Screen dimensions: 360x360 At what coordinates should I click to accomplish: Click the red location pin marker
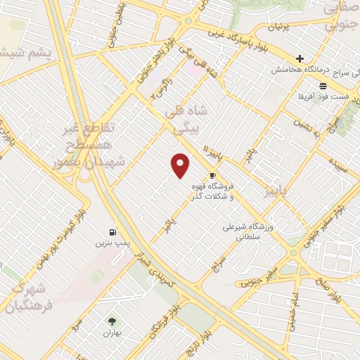coord(181,165)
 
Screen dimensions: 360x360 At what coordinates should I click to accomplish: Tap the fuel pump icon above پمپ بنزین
coord(112,232)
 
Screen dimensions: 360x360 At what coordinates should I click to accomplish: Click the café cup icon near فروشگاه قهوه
coord(212,176)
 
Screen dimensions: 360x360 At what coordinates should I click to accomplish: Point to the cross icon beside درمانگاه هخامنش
coord(300,58)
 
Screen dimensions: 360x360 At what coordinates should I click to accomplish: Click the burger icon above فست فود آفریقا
coord(323,85)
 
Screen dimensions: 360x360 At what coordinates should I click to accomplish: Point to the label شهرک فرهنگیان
coord(26,298)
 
